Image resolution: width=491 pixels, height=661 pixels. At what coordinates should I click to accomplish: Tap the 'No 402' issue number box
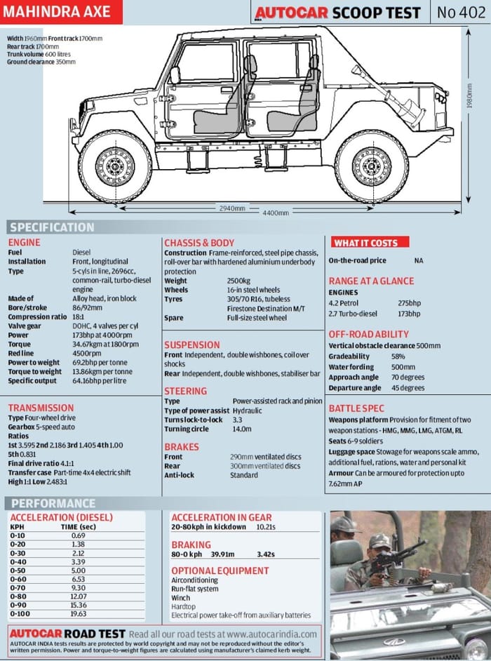point(459,12)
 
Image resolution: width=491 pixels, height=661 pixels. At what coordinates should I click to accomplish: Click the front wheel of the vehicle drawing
point(114,166)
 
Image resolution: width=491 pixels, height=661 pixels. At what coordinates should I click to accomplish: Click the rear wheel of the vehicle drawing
point(371,166)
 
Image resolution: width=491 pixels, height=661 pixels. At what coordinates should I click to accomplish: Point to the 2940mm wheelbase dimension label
point(232,208)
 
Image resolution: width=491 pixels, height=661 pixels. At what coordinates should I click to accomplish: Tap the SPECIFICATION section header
point(52,227)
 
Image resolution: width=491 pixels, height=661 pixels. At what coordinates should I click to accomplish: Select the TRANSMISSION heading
point(40,408)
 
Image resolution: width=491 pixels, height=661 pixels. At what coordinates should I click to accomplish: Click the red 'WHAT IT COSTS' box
point(365,243)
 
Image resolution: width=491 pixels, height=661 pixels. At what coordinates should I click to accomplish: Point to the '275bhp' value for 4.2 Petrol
point(410,303)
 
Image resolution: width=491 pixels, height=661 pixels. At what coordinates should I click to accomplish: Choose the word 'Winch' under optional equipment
point(182,598)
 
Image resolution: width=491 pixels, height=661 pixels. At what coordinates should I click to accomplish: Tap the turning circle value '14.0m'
point(241,429)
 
